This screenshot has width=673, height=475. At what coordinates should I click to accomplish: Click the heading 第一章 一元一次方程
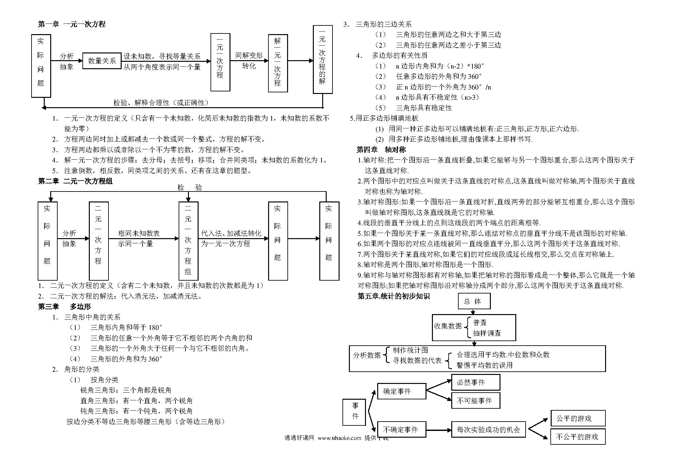(x=72, y=24)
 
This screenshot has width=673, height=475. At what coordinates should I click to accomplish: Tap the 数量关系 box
(x=102, y=61)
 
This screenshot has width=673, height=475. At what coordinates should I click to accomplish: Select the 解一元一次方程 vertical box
(x=278, y=63)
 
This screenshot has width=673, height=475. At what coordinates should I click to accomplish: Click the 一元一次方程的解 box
(x=322, y=60)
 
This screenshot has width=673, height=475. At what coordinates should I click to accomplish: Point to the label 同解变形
(x=249, y=56)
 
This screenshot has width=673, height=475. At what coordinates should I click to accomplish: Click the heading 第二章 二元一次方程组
(x=75, y=181)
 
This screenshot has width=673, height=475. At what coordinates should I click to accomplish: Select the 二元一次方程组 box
(x=188, y=241)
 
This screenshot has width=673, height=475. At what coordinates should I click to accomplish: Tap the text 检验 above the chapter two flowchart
(x=190, y=188)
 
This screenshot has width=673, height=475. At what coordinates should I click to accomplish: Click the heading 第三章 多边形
(x=64, y=307)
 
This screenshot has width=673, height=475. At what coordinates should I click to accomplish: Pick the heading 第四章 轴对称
(x=381, y=150)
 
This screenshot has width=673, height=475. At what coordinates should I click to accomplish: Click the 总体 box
(x=474, y=301)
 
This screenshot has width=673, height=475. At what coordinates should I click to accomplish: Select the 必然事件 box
(x=476, y=382)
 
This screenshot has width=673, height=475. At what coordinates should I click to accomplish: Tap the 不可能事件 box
(x=476, y=401)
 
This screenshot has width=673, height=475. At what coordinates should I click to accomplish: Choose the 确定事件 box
(x=401, y=391)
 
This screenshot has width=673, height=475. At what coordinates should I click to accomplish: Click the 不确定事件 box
(x=401, y=429)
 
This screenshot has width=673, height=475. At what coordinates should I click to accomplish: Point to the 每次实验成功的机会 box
(x=488, y=429)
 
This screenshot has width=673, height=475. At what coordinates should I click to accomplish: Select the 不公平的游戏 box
(x=578, y=437)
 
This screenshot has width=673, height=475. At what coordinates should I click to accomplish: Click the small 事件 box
(x=355, y=412)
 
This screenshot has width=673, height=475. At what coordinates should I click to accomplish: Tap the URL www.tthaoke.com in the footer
(x=340, y=438)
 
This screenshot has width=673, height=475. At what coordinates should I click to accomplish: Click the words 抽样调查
(x=487, y=333)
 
